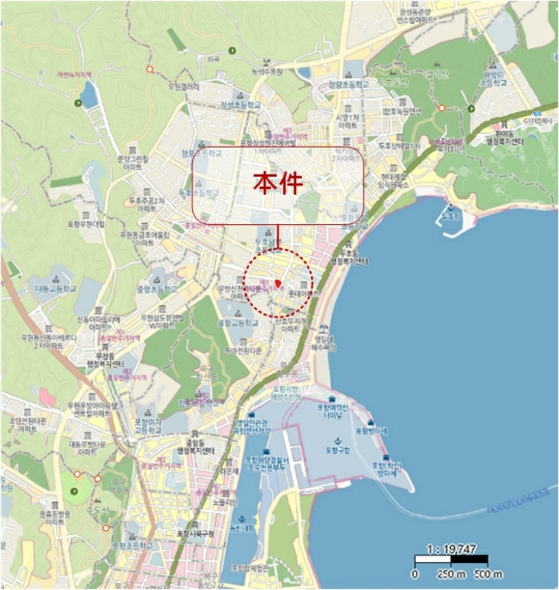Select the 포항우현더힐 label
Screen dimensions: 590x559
point(87,225)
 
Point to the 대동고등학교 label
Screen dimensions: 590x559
point(56,287)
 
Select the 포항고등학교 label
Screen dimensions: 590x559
point(236,323)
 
